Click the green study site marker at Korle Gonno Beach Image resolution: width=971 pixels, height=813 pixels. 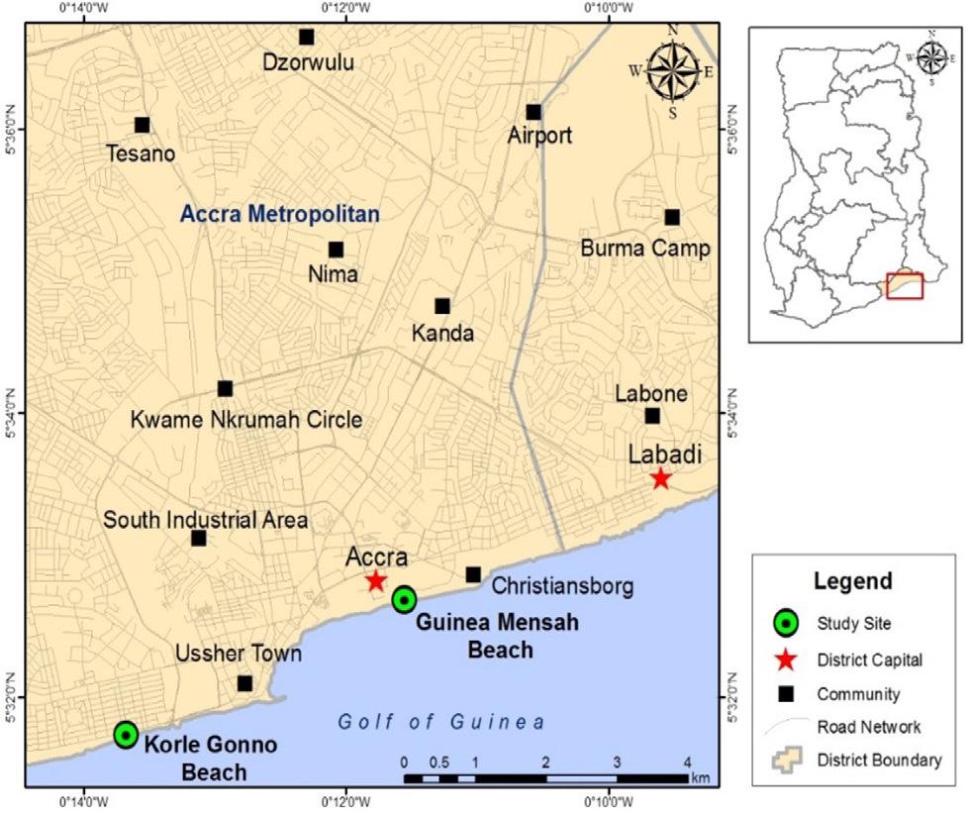(x=126, y=734)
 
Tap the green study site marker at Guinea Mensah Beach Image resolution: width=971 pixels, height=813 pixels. (x=404, y=599)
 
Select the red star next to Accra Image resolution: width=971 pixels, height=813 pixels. (x=375, y=581)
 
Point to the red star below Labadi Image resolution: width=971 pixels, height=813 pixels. (x=660, y=479)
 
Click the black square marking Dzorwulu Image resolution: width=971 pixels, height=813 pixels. (x=306, y=38)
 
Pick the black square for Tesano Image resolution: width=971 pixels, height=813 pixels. (x=143, y=125)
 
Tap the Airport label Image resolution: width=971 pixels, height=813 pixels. (x=539, y=136)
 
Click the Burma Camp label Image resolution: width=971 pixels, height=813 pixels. (x=645, y=248)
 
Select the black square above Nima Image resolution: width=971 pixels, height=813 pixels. (x=336, y=250)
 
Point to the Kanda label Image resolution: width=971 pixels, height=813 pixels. (x=442, y=334)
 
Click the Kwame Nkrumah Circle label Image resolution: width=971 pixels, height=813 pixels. (x=246, y=420)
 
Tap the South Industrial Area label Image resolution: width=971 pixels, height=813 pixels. (x=206, y=520)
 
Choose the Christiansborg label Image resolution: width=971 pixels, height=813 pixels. (x=561, y=587)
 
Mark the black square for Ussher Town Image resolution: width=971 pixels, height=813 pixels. (x=244, y=683)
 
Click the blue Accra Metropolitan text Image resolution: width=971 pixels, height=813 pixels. (x=280, y=213)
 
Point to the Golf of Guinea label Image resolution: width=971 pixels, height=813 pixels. (x=441, y=722)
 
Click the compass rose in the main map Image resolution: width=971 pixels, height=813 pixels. (x=672, y=71)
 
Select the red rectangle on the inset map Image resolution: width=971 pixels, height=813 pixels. (x=905, y=286)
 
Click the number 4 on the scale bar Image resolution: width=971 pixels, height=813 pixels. (x=687, y=762)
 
